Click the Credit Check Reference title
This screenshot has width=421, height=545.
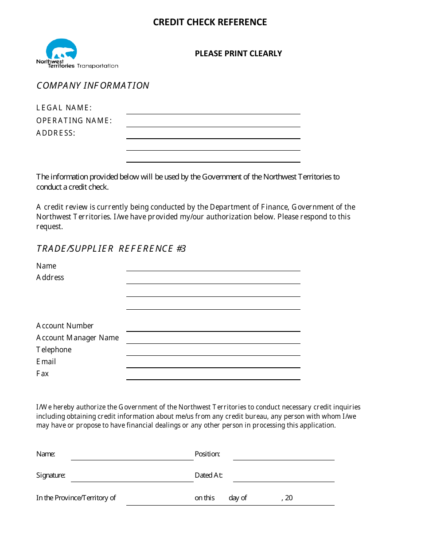[210, 22]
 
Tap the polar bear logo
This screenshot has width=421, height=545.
[62, 50]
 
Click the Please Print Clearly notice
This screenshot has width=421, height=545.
[238, 54]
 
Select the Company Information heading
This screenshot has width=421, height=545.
[93, 86]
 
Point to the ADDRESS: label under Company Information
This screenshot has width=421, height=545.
[56, 133]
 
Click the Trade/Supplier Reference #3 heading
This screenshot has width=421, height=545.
[111, 249]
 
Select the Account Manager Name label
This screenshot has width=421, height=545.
[78, 338]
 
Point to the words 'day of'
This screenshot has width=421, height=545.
[238, 498]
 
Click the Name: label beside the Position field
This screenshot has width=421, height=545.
[46, 454]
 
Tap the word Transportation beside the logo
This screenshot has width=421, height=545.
[97, 66]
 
